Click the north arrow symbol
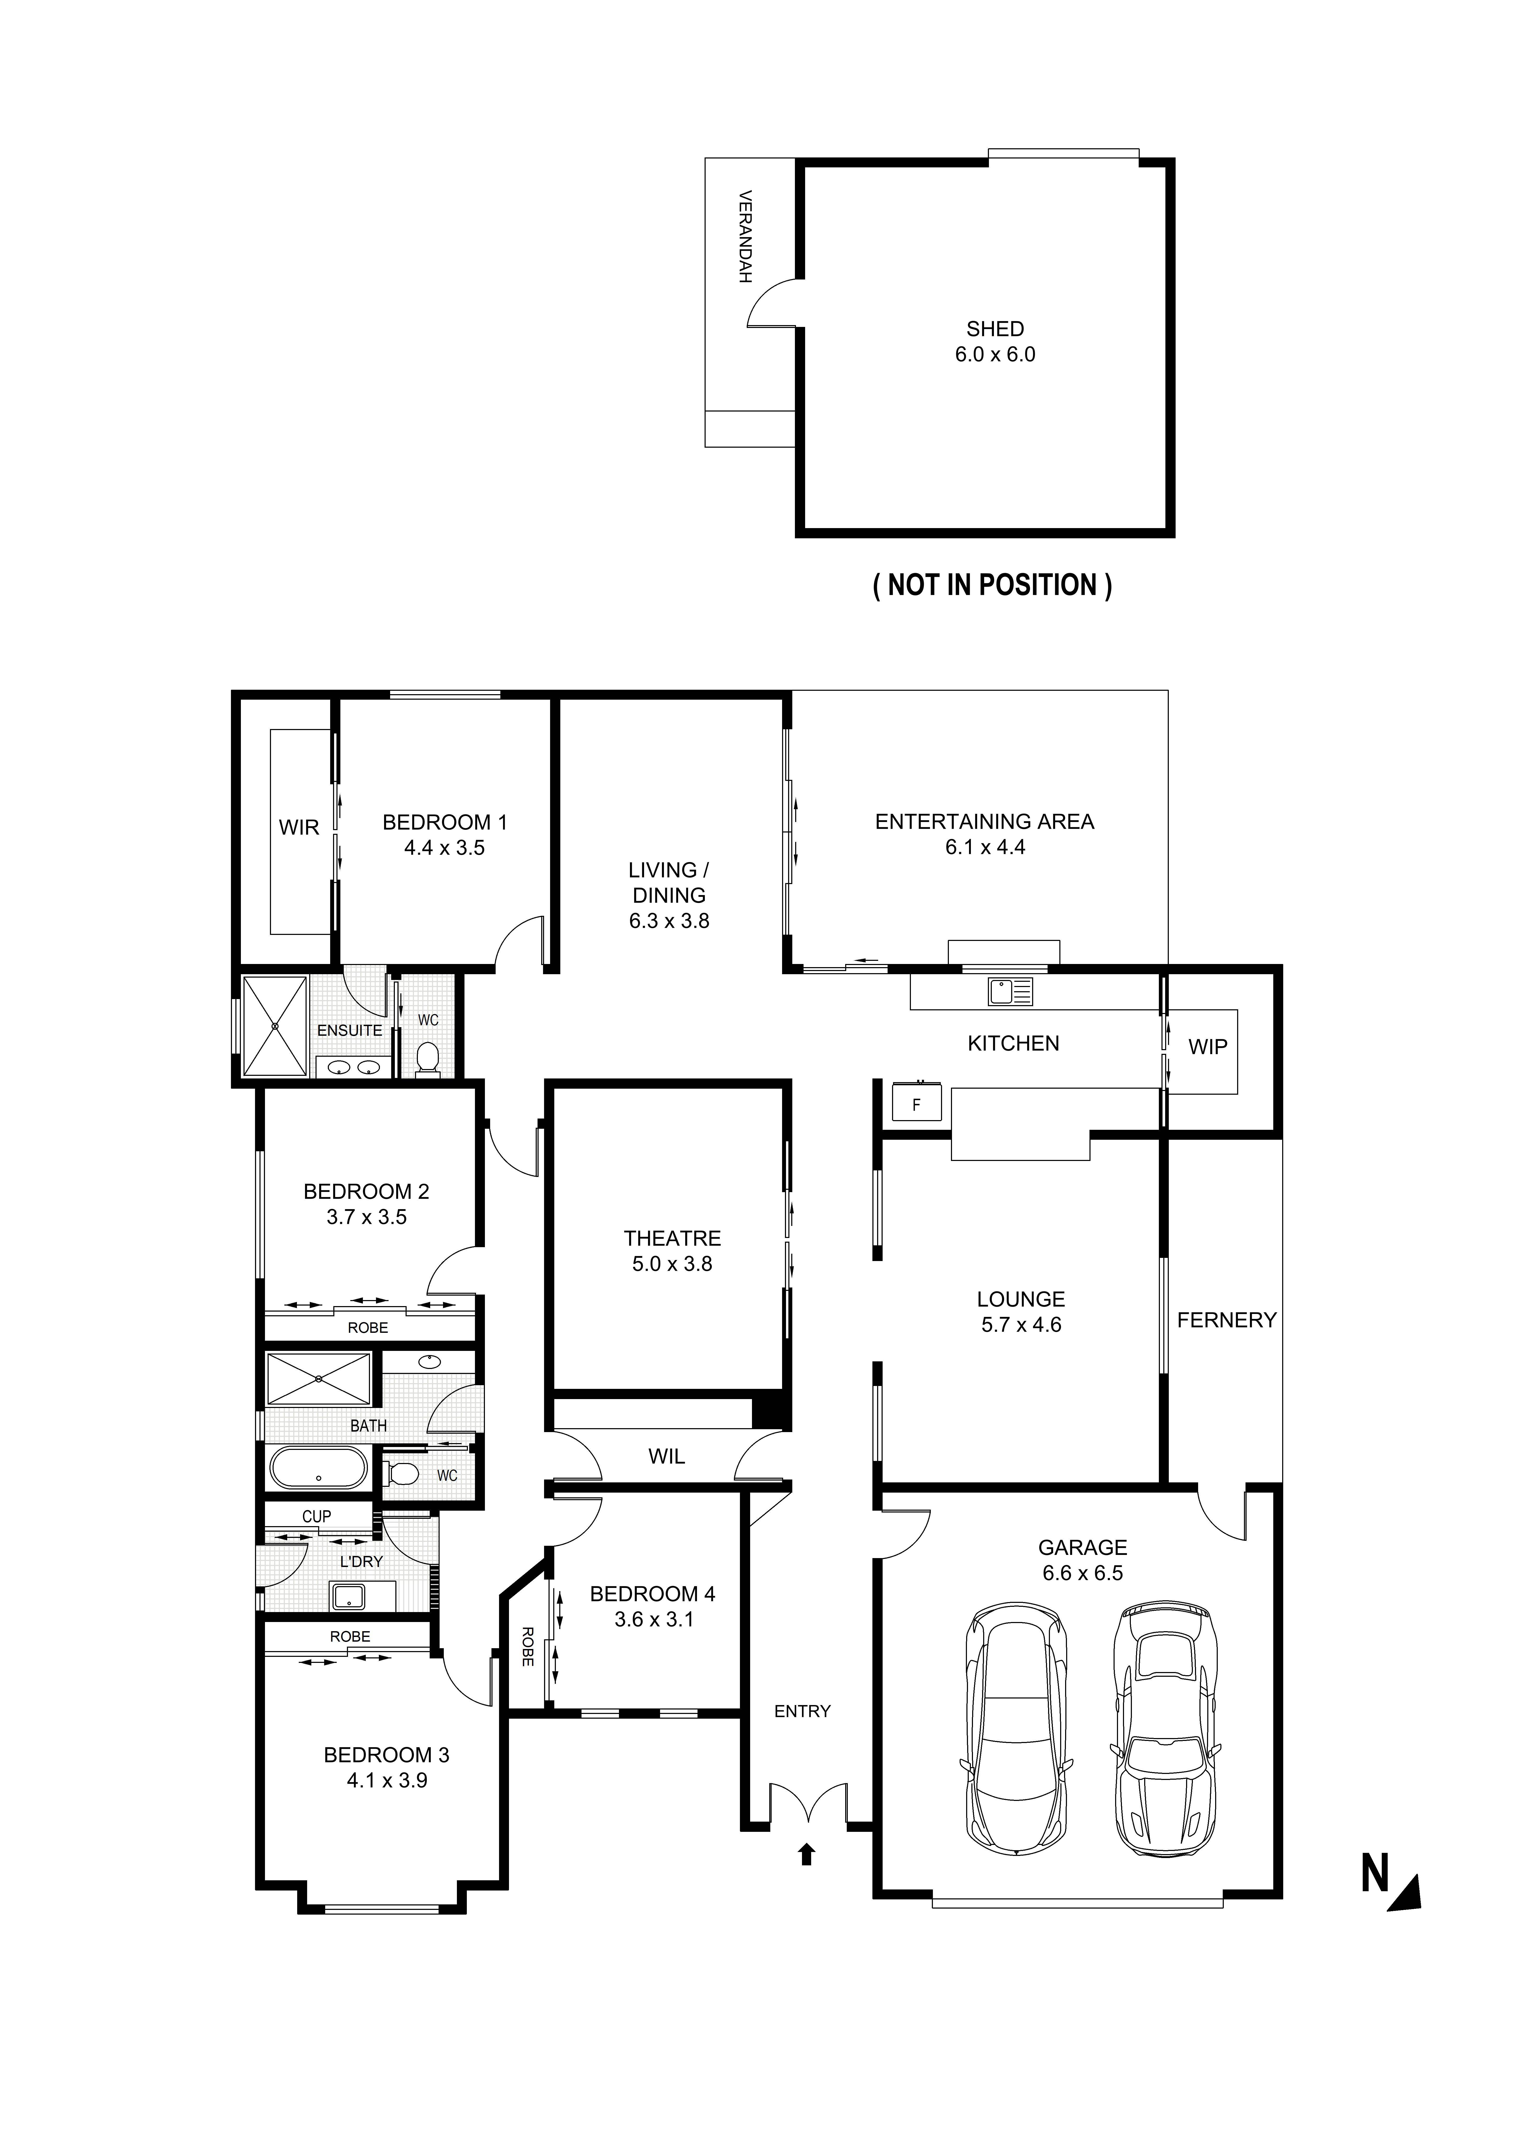pyautogui.click(x=1405, y=1893)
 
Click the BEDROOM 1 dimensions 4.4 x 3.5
pyautogui.click(x=445, y=848)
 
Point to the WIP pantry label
pyautogui.click(x=1207, y=1046)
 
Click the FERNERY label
pyautogui.click(x=1226, y=1320)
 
